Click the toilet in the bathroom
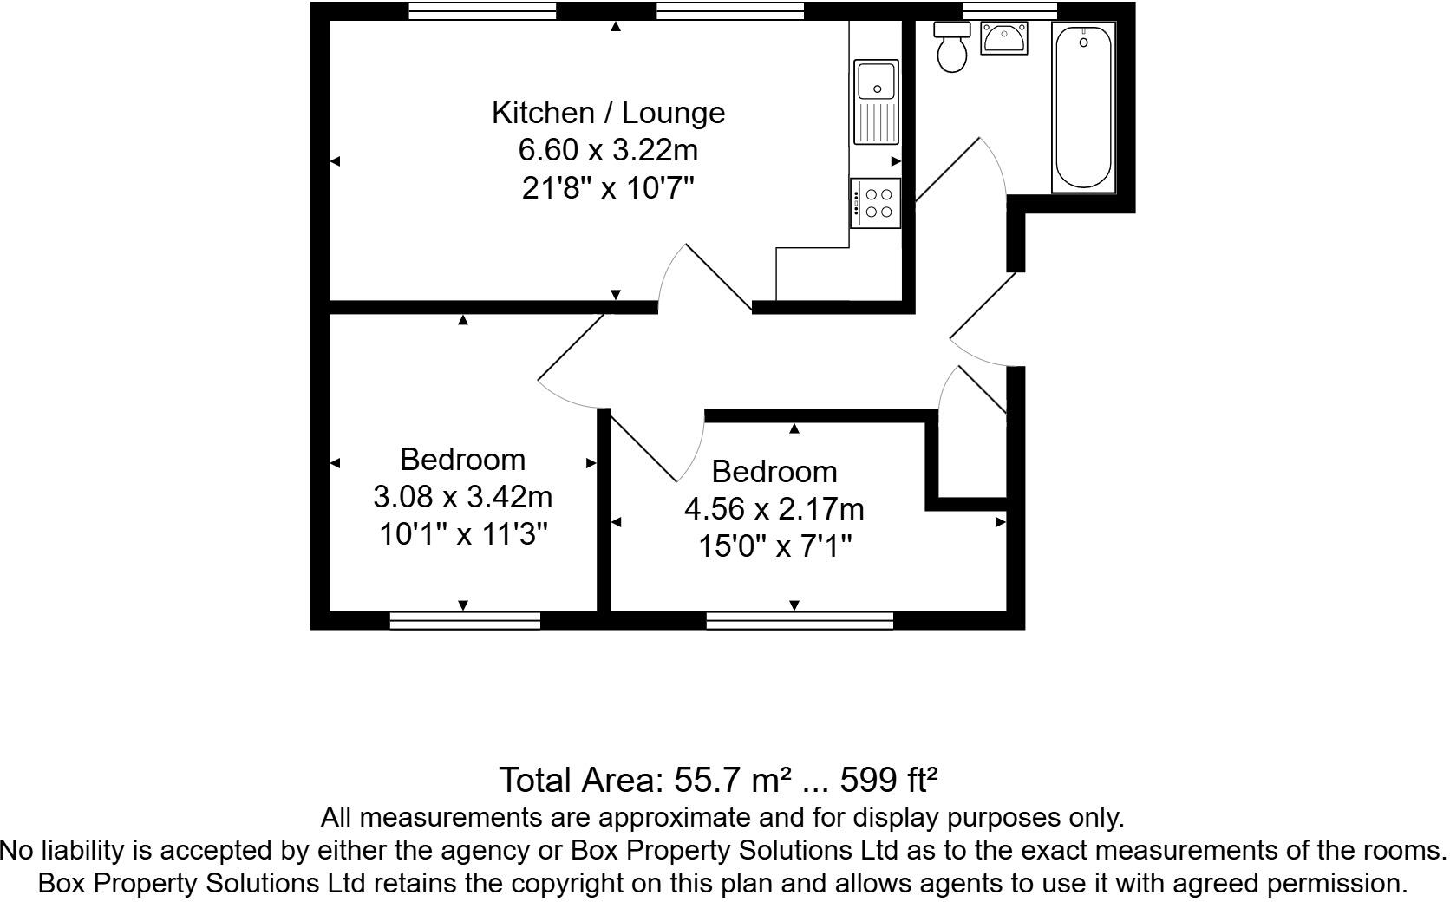tap(952, 49)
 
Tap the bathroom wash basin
tap(1004, 38)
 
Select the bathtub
tap(1082, 106)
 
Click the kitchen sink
tap(877, 101)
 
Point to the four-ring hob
tap(877, 203)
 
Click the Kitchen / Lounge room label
tap(608, 113)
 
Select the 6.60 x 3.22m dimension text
tap(608, 150)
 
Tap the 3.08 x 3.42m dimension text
tap(462, 497)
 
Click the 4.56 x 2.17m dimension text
tap(774, 509)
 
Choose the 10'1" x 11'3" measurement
tap(464, 534)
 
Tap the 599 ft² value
tap(889, 781)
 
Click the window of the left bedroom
tap(465, 620)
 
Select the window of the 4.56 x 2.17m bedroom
tap(800, 620)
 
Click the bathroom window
tap(1009, 10)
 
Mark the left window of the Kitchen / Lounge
tap(482, 10)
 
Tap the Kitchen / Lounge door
tap(704, 278)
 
